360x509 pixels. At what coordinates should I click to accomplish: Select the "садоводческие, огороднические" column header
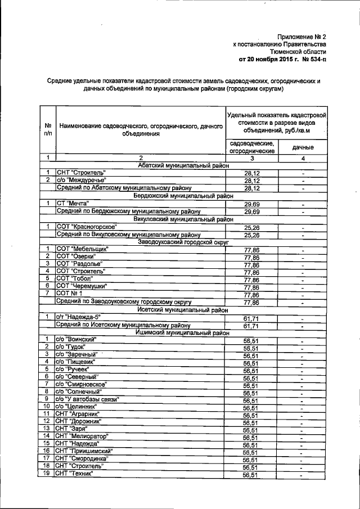click(x=253, y=147)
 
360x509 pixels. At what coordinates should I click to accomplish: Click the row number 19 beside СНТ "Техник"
click(x=48, y=474)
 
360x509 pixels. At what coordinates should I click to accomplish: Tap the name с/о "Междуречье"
click(x=82, y=180)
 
